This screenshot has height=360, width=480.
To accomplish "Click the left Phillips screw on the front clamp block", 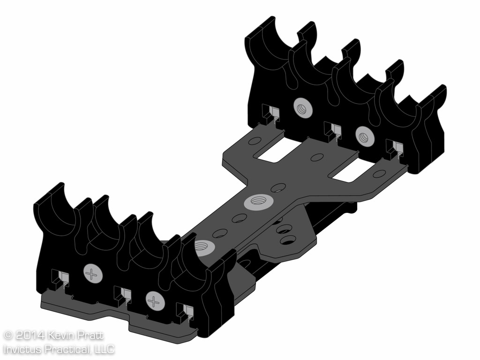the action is click(x=92, y=272).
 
